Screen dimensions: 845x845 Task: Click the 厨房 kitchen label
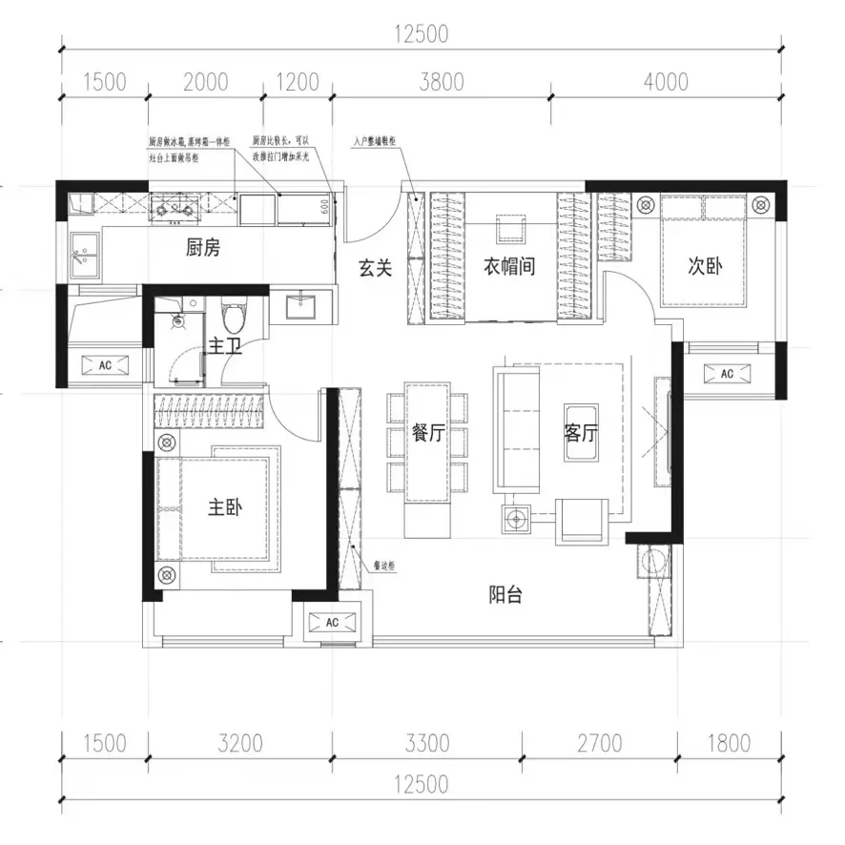tap(203, 249)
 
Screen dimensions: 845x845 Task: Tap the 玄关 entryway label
tap(375, 269)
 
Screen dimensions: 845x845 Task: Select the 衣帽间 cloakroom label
tap(508, 267)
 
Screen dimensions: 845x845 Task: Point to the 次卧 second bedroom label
tap(706, 267)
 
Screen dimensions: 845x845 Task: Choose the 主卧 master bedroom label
tap(226, 508)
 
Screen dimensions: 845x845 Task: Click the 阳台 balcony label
tap(506, 595)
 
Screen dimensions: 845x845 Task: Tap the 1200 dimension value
tap(298, 82)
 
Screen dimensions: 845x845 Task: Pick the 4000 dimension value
tap(665, 82)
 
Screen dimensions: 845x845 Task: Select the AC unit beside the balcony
tap(333, 623)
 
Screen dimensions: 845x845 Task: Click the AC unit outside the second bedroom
tap(727, 374)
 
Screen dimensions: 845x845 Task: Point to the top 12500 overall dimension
tap(421, 35)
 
